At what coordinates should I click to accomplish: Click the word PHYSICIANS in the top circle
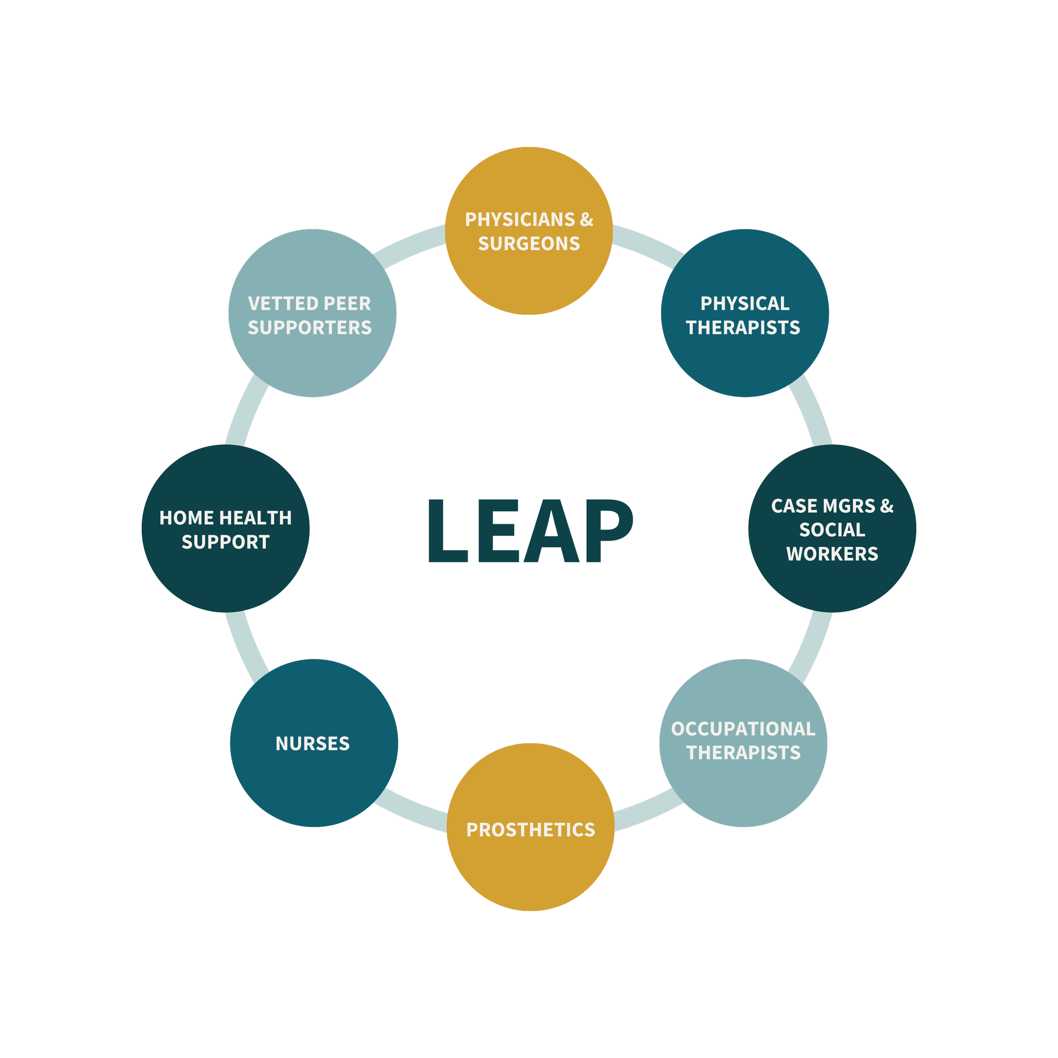click(520, 220)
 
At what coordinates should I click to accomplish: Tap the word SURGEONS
click(529, 244)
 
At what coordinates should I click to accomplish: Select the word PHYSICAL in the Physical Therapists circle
click(745, 303)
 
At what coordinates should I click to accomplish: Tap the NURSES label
click(312, 744)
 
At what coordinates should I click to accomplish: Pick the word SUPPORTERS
click(309, 328)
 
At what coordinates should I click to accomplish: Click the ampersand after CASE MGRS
click(887, 506)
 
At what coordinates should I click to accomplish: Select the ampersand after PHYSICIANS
click(587, 220)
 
